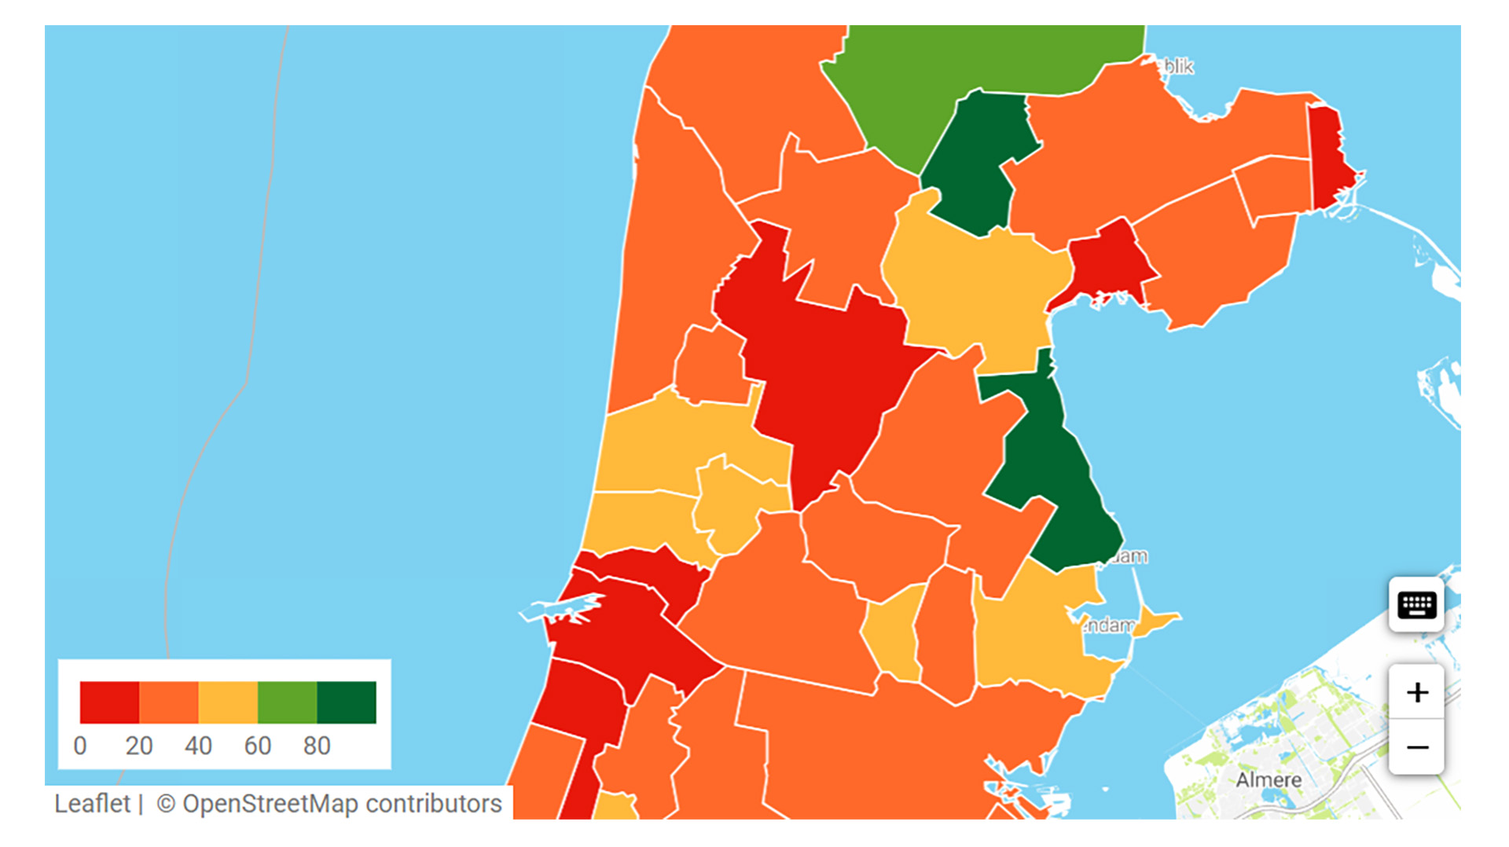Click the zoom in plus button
pyautogui.click(x=1416, y=692)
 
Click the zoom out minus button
pyautogui.click(x=1416, y=747)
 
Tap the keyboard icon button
pyautogui.click(x=1416, y=605)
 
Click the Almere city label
pyautogui.click(x=1268, y=780)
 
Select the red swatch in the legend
pyautogui.click(x=109, y=702)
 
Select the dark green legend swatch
pyautogui.click(x=347, y=702)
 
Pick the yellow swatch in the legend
pyautogui.click(x=228, y=702)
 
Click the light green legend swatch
pyautogui.click(x=288, y=702)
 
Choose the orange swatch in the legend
pyautogui.click(x=169, y=702)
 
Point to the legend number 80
pyautogui.click(x=317, y=746)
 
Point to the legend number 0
pyautogui.click(x=80, y=746)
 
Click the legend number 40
pyautogui.click(x=198, y=746)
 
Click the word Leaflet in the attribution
pyautogui.click(x=92, y=804)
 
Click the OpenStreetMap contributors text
pyautogui.click(x=342, y=804)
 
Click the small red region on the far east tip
pyautogui.click(x=1330, y=157)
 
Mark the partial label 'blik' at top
pyautogui.click(x=1178, y=68)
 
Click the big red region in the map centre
pyautogui.click(x=825, y=369)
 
